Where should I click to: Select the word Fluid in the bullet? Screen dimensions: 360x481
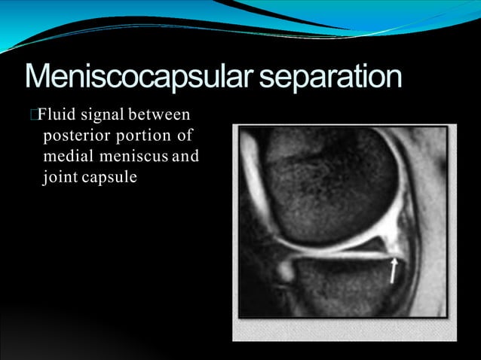point(54,116)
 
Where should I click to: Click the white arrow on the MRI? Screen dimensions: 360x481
point(393,271)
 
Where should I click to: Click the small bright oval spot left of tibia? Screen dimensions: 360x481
point(284,268)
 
